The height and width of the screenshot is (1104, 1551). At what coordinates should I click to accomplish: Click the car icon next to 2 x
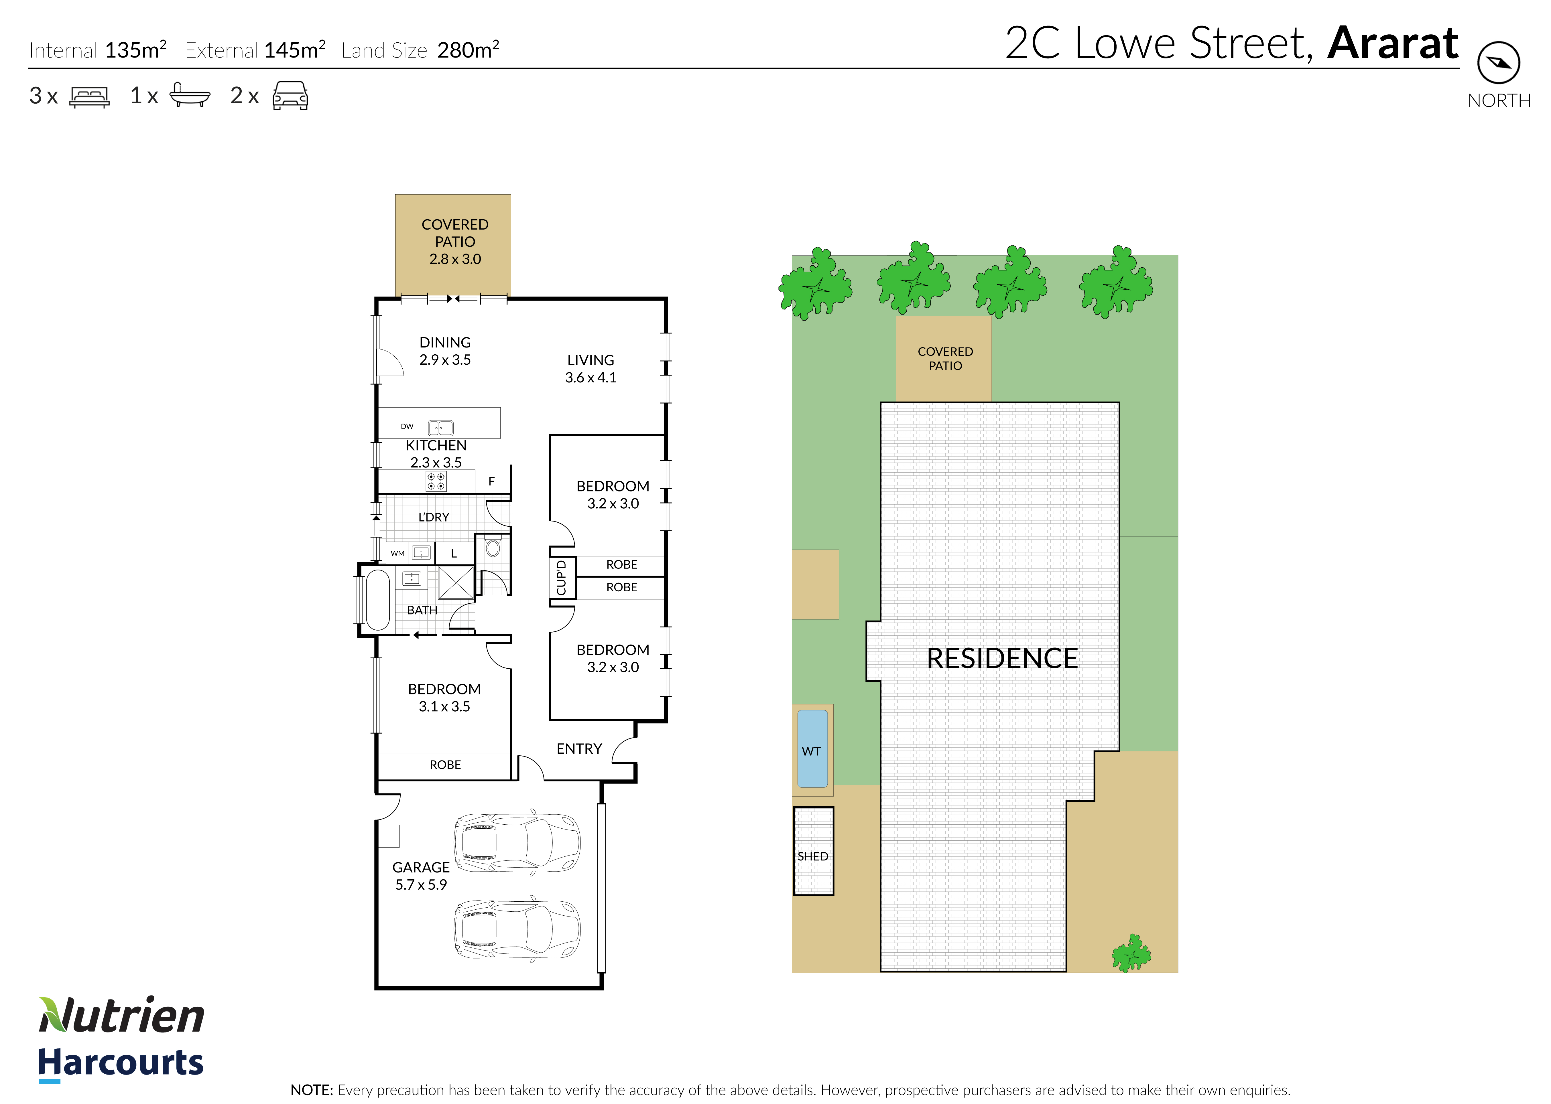(290, 96)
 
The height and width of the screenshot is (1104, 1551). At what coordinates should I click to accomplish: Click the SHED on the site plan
(813, 851)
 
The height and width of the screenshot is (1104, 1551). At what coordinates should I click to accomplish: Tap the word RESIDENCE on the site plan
(1002, 658)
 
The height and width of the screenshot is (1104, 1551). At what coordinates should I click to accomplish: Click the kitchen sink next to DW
(441, 428)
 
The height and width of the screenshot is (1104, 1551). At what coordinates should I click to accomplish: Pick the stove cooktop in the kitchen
(436, 481)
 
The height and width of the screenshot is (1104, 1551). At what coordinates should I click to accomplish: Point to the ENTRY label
(579, 748)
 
